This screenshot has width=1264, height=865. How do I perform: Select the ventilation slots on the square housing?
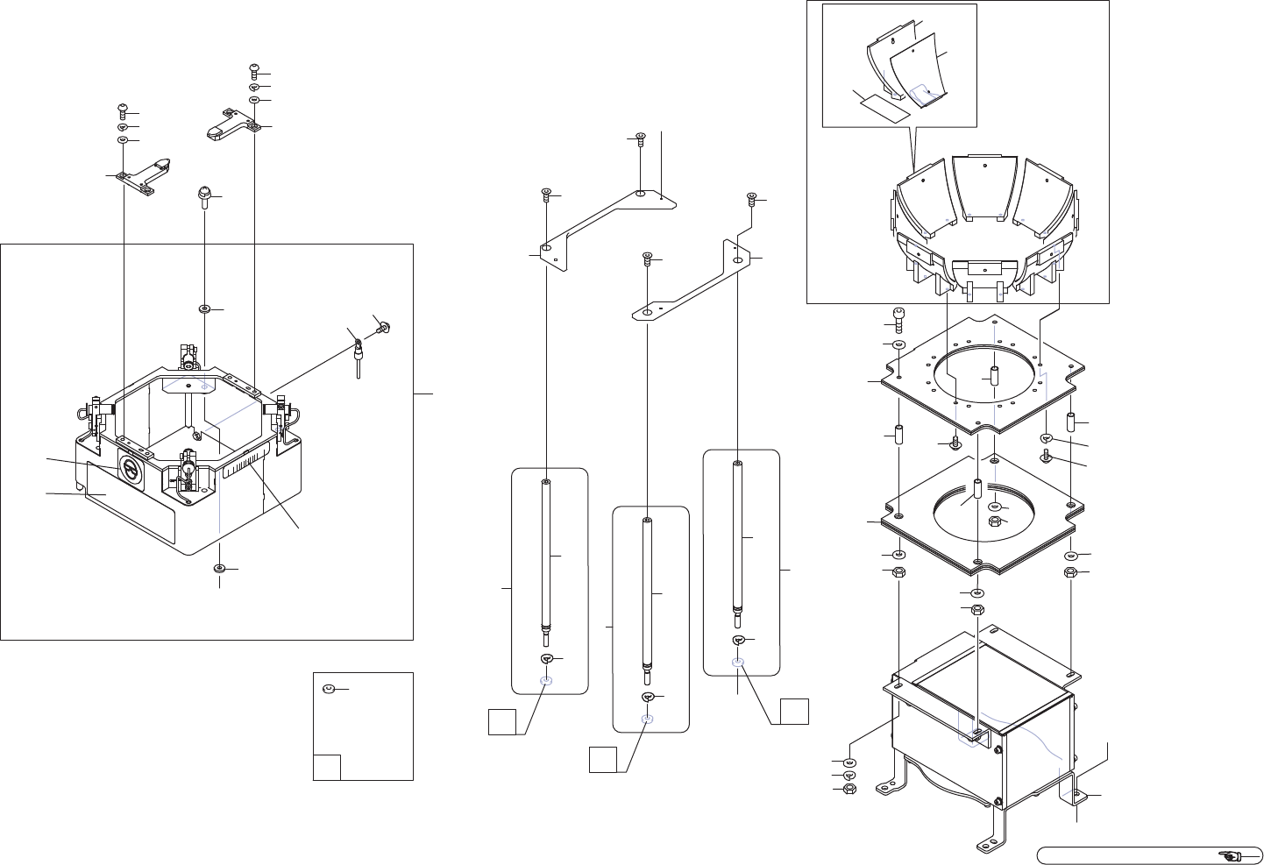(245, 463)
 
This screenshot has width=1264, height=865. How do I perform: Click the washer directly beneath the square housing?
(220, 569)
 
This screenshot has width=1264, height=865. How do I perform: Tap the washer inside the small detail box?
(330, 690)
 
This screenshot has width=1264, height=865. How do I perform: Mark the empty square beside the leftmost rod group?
(501, 722)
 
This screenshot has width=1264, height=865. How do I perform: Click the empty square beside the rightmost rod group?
(794, 711)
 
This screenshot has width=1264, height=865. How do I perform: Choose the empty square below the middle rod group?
(602, 759)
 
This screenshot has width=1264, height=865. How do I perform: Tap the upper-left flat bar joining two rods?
(605, 219)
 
